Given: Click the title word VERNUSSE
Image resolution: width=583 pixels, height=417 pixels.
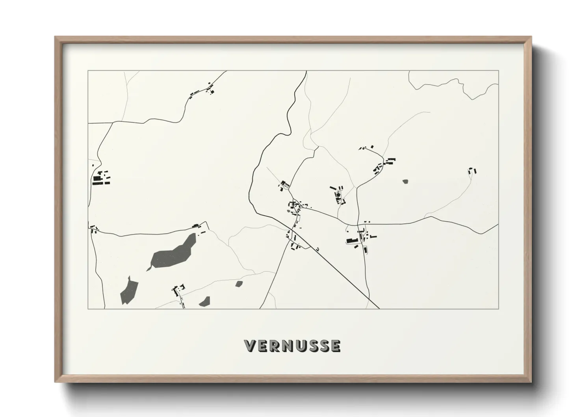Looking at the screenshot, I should tap(292, 346).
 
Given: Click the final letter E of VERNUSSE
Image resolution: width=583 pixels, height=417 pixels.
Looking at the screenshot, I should tap(335, 346).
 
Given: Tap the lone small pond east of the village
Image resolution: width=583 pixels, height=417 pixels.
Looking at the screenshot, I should tap(405, 182).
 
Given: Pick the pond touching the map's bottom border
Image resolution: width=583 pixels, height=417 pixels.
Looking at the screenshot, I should tap(205, 302).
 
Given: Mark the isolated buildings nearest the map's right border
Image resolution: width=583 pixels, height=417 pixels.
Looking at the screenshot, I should tap(472, 171).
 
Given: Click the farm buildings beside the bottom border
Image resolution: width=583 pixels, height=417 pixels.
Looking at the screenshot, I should tap(179, 292).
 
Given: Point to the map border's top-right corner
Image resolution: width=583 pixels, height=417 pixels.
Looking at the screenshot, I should tap(499, 71).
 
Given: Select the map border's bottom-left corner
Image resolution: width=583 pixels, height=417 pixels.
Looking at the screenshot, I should tap(88, 309).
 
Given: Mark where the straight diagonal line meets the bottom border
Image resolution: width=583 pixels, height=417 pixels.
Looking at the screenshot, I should tap(379, 309).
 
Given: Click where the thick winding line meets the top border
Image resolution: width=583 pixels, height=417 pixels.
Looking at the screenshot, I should tap(306, 71).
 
